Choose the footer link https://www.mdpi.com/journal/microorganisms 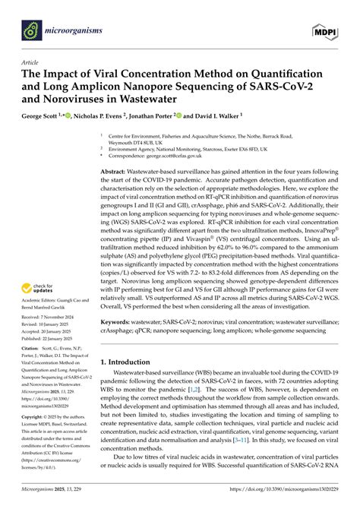click(289, 502)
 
